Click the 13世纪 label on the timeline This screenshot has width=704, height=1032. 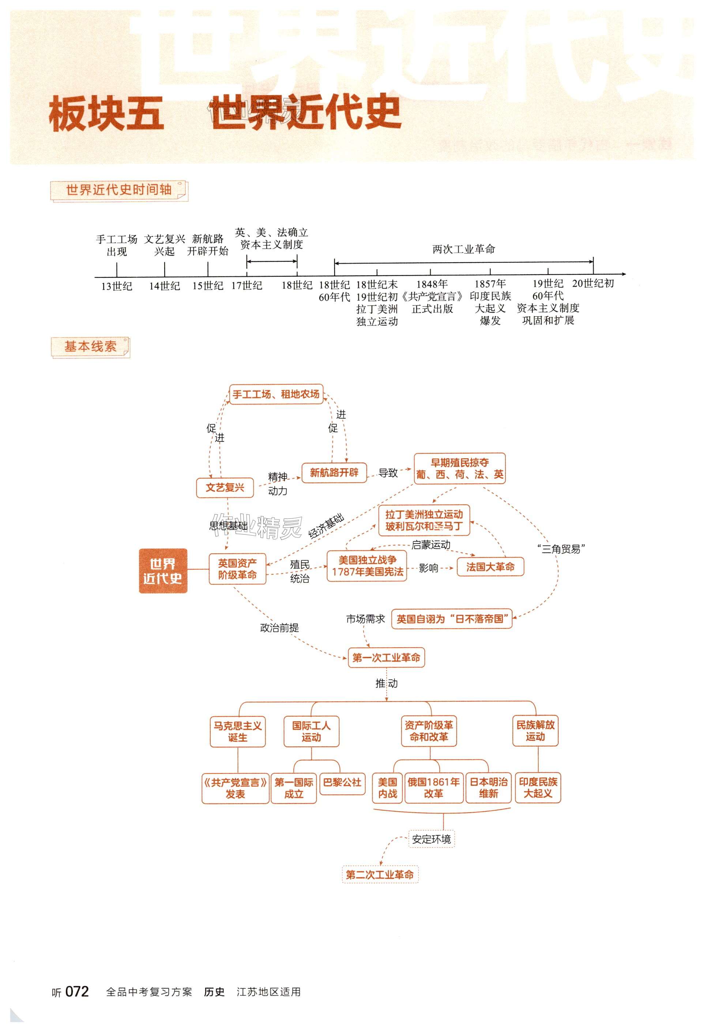[116, 286]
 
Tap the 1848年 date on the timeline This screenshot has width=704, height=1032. [432, 284]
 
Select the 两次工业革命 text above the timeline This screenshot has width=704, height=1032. [464, 249]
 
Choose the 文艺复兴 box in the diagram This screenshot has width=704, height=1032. [225, 487]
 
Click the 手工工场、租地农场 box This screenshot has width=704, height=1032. [276, 394]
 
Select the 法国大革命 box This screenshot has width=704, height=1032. [490, 566]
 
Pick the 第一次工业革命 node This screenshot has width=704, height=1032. [386, 658]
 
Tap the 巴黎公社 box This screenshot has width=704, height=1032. [342, 783]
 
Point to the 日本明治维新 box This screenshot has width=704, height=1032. [489, 788]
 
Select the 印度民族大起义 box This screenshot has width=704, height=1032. [538, 788]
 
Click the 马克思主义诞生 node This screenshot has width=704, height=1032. [238, 732]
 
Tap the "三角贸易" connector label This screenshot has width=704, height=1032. [561, 549]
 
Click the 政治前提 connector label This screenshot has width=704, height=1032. [279, 628]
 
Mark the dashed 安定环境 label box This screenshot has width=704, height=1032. [431, 839]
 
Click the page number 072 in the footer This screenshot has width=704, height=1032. [77, 992]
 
